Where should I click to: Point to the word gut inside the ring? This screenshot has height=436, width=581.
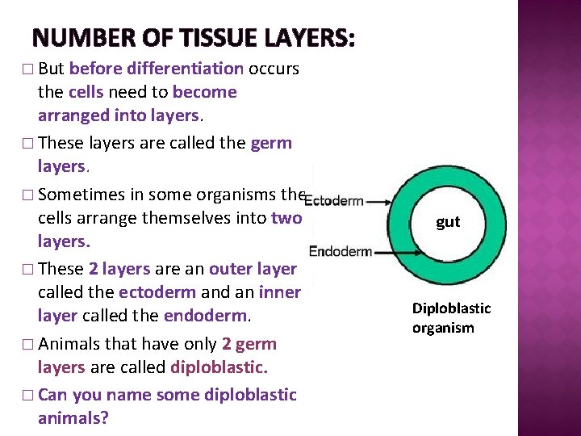448,221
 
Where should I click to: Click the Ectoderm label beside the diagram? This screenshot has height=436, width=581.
336,200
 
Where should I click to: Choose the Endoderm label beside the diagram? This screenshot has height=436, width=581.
340,251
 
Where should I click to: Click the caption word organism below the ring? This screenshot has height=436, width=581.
443,328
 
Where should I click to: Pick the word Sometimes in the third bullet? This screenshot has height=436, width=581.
78,195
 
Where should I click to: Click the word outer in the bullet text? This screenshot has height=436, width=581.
231,269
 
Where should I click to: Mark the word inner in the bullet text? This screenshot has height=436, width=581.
280,292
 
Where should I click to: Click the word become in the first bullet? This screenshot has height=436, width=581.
205,92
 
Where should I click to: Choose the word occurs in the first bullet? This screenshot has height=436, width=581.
274,69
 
